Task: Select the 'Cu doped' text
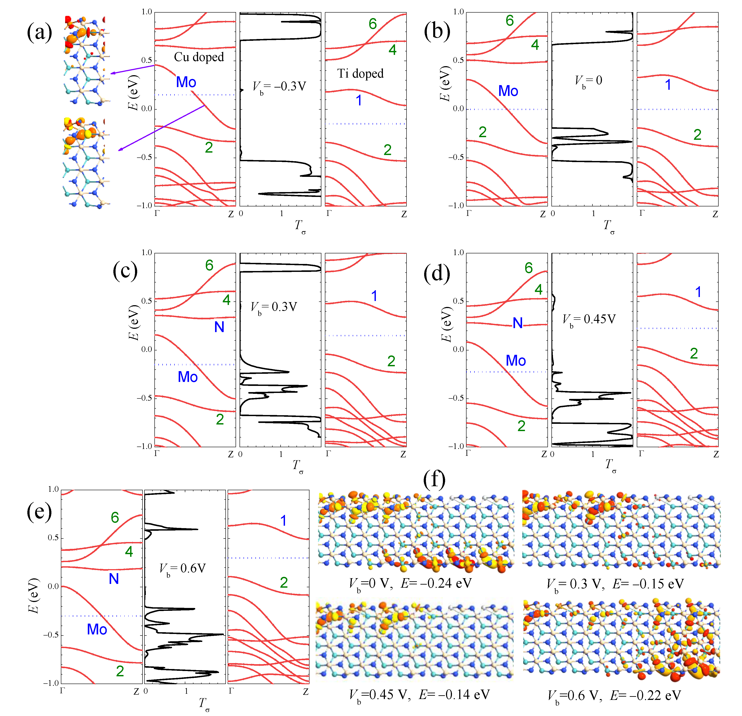[x=199, y=57]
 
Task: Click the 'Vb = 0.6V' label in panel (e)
[x=182, y=569]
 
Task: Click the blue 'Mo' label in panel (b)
[x=508, y=91]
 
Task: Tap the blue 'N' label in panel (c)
[x=219, y=327]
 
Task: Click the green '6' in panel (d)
[x=528, y=268]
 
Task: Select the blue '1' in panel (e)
[x=283, y=521]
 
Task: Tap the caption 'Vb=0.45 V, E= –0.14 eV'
[x=419, y=695]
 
